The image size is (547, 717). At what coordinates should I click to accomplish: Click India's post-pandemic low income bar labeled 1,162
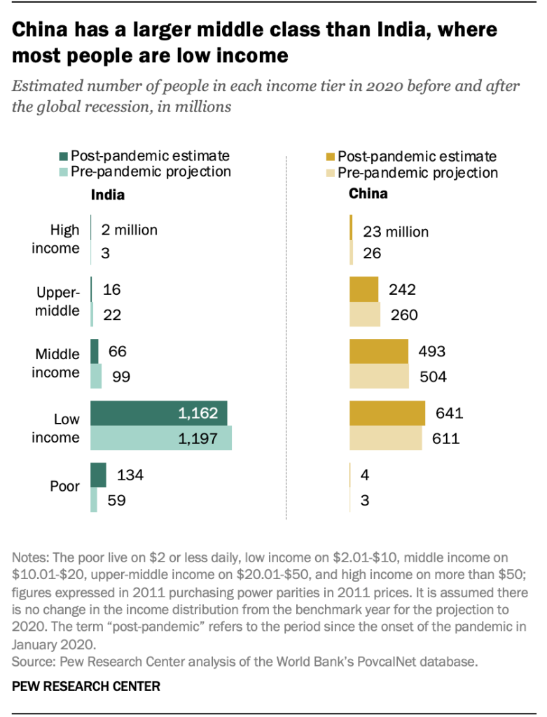[x=158, y=414]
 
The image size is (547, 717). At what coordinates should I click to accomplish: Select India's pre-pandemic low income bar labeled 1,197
[x=161, y=439]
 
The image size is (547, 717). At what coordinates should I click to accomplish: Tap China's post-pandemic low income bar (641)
[x=387, y=413]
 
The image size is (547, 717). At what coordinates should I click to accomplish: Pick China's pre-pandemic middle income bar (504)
[x=379, y=377]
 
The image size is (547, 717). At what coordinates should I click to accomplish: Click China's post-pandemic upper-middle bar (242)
[x=363, y=290]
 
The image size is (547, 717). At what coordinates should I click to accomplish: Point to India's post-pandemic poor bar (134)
[x=98, y=475]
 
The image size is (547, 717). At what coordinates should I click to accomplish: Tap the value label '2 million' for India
[x=130, y=230]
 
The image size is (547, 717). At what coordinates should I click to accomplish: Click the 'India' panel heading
[x=108, y=195]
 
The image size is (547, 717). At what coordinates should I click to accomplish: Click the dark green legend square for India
[x=64, y=156]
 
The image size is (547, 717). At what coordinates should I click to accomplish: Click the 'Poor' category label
[x=65, y=487]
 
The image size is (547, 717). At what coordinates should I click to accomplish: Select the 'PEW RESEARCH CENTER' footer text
[x=86, y=687]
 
